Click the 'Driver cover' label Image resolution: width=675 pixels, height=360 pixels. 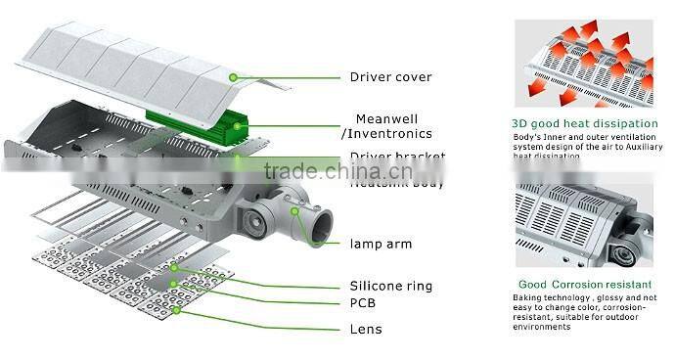pos(391,75)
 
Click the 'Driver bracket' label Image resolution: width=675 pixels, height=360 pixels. pos(398,157)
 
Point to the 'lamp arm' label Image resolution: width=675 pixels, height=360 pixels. pos(381,244)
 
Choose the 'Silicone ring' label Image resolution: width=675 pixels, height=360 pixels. pos(391,287)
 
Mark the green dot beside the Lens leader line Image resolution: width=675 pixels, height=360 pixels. pos(176,309)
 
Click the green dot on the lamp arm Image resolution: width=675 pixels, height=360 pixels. pos(294,209)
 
